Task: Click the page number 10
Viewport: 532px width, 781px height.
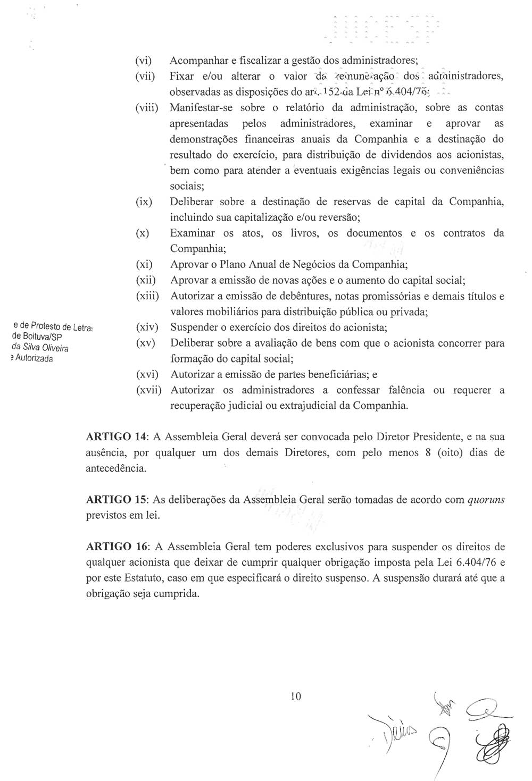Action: coord(296,696)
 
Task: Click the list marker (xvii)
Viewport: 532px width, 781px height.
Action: coord(148,390)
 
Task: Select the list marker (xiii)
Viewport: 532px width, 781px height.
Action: coord(147,296)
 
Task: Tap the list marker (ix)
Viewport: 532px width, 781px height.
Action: coord(144,202)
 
